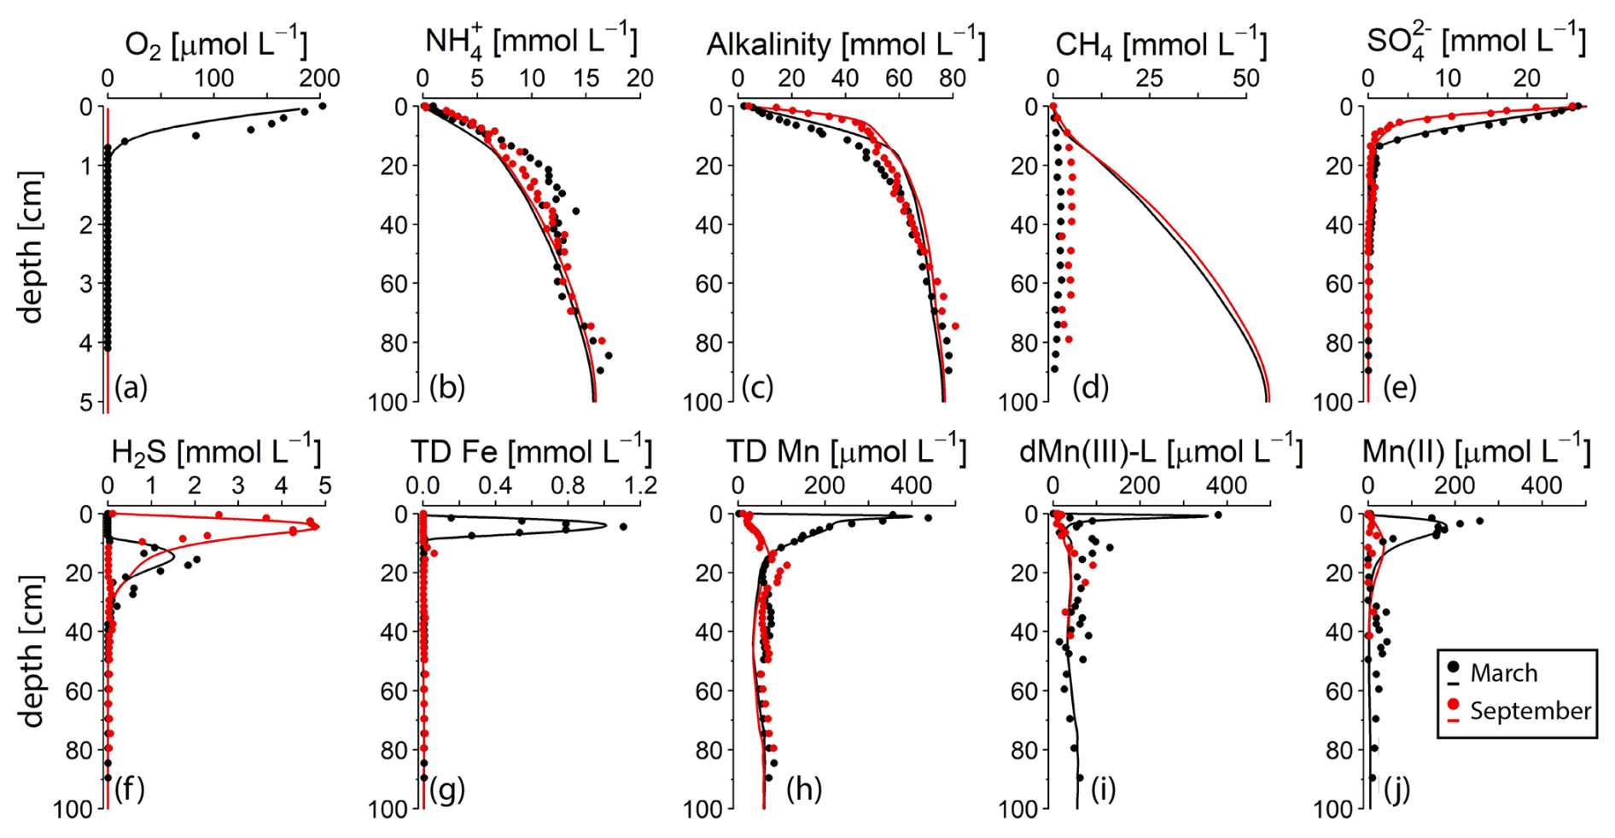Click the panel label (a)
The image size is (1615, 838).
click(x=131, y=388)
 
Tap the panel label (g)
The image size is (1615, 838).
click(x=447, y=789)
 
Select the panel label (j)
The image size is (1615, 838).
click(x=1396, y=789)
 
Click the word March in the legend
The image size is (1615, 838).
click(x=1503, y=673)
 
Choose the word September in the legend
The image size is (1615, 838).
click(x=1530, y=711)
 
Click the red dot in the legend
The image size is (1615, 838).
click(x=1453, y=706)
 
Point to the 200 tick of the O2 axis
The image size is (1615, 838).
click(x=320, y=79)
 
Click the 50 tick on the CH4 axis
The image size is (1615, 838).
click(x=1245, y=79)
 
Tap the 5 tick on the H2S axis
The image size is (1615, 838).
click(x=324, y=486)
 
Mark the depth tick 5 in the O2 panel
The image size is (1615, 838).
click(x=85, y=401)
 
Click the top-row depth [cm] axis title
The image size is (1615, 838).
click(x=31, y=247)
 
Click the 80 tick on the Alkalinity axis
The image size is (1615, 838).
click(x=953, y=79)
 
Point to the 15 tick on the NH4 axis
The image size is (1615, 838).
click(x=586, y=79)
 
